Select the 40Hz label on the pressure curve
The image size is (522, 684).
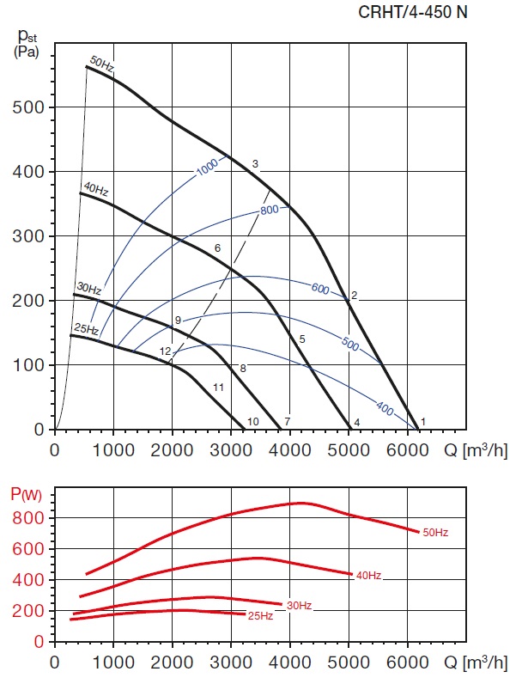click(x=95, y=189)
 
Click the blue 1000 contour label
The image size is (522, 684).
click(x=208, y=167)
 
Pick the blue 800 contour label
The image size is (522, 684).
click(x=270, y=210)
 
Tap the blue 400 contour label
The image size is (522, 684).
click(x=385, y=409)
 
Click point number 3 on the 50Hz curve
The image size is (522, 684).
click(x=255, y=164)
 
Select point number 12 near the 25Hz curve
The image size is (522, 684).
click(x=165, y=351)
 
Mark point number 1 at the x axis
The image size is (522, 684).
click(x=423, y=421)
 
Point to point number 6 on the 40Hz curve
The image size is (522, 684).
click(x=217, y=248)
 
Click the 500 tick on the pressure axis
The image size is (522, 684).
click(x=31, y=107)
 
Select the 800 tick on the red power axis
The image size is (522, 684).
click(x=31, y=518)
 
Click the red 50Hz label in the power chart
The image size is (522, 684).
click(x=434, y=533)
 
